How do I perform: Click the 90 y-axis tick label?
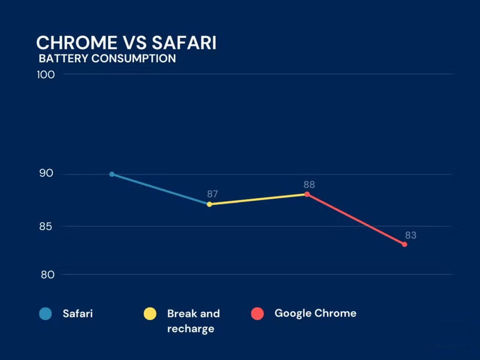coord(47,174)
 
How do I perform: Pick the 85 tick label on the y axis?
coord(47,226)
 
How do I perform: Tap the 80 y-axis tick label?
coord(47,275)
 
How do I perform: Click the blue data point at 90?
coord(112,174)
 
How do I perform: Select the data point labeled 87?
coord(209,204)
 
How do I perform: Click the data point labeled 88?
coord(307,194)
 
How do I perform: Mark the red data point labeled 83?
coord(404,244)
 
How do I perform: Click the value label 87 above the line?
coord(212,194)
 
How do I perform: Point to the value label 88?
coord(309,184)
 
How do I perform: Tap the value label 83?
coord(411,235)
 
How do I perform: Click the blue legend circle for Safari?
coord(46,314)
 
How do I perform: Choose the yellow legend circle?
coord(150,314)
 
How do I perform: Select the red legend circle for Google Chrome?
coord(258,314)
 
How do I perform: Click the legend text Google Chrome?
coord(315,313)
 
